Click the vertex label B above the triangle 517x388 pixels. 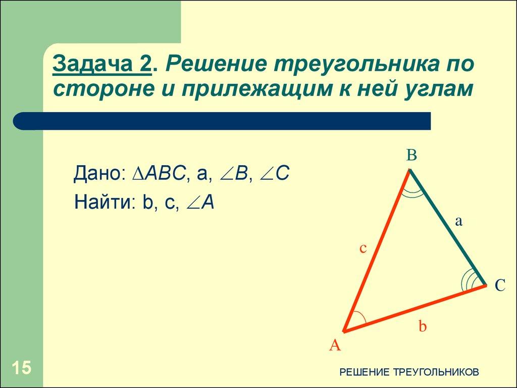(x=411, y=155)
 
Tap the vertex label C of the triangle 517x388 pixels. (x=500, y=286)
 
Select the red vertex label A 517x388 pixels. (x=335, y=346)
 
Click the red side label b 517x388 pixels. (x=423, y=326)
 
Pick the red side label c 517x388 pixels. (x=363, y=249)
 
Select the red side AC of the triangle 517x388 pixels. (x=414, y=309)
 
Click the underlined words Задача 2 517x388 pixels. (x=103, y=65)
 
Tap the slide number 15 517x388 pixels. (x=21, y=368)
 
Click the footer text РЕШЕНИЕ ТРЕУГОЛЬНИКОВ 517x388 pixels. (x=409, y=372)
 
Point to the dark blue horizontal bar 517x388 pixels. (x=222, y=121)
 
